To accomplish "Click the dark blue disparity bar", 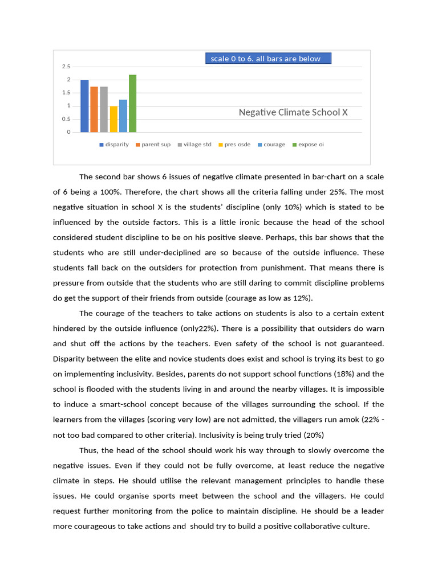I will pyautogui.click(x=84, y=106).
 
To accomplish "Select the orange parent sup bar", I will pyautogui.click(x=94, y=109).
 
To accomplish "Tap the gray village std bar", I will pyautogui.click(x=104, y=109).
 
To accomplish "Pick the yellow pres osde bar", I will pyautogui.click(x=113, y=119).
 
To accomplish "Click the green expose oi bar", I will pyautogui.click(x=133, y=104).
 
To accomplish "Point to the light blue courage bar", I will pyautogui.click(x=123, y=116).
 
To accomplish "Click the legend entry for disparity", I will pyautogui.click(x=114, y=145).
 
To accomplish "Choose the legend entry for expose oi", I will pyautogui.click(x=308, y=145).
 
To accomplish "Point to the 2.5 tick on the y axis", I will pyautogui.click(x=67, y=67).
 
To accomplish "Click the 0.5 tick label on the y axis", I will pyautogui.click(x=67, y=119).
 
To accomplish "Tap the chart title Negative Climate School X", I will pyautogui.click(x=293, y=112).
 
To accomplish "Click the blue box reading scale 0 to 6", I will pyautogui.click(x=268, y=59).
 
